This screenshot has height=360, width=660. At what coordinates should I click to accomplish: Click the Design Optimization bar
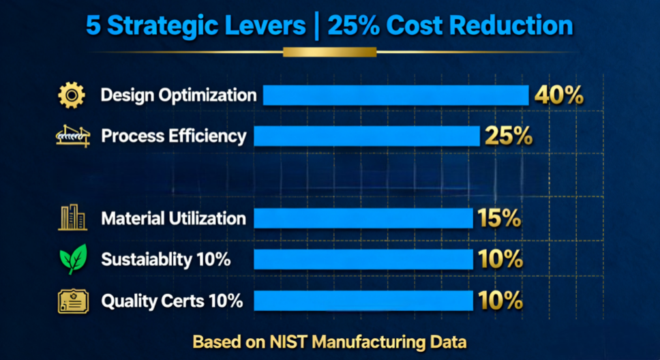pyautogui.click(x=395, y=95)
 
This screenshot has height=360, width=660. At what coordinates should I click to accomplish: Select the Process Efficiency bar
pyautogui.click(x=367, y=136)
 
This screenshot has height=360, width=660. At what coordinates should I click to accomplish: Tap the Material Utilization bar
pyautogui.click(x=363, y=218)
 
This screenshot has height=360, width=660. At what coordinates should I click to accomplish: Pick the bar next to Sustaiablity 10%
pyautogui.click(x=363, y=259)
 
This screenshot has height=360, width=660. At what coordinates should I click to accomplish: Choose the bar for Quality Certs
pyautogui.click(x=363, y=300)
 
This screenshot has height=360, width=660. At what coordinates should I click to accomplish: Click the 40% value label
pyautogui.click(x=558, y=95)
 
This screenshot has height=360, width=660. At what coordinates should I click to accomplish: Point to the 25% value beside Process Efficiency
pyautogui.click(x=508, y=136)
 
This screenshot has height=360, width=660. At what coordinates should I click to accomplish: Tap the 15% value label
pyautogui.click(x=499, y=219)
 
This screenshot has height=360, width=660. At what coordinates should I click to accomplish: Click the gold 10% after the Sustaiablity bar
pyautogui.click(x=500, y=260)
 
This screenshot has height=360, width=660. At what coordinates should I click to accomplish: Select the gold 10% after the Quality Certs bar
pyautogui.click(x=500, y=301)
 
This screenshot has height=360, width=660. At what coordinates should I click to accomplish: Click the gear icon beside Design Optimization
pyautogui.click(x=72, y=95)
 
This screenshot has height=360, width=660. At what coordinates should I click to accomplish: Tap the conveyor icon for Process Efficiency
pyautogui.click(x=72, y=136)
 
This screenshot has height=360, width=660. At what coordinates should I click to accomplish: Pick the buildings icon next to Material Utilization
pyautogui.click(x=72, y=218)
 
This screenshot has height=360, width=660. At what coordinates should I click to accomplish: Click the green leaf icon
pyautogui.click(x=73, y=259)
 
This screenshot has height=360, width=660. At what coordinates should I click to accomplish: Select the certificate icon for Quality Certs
pyautogui.click(x=72, y=301)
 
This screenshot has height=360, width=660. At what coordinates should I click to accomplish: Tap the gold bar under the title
pyautogui.click(x=330, y=52)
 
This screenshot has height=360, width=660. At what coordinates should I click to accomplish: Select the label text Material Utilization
pyautogui.click(x=173, y=219)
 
